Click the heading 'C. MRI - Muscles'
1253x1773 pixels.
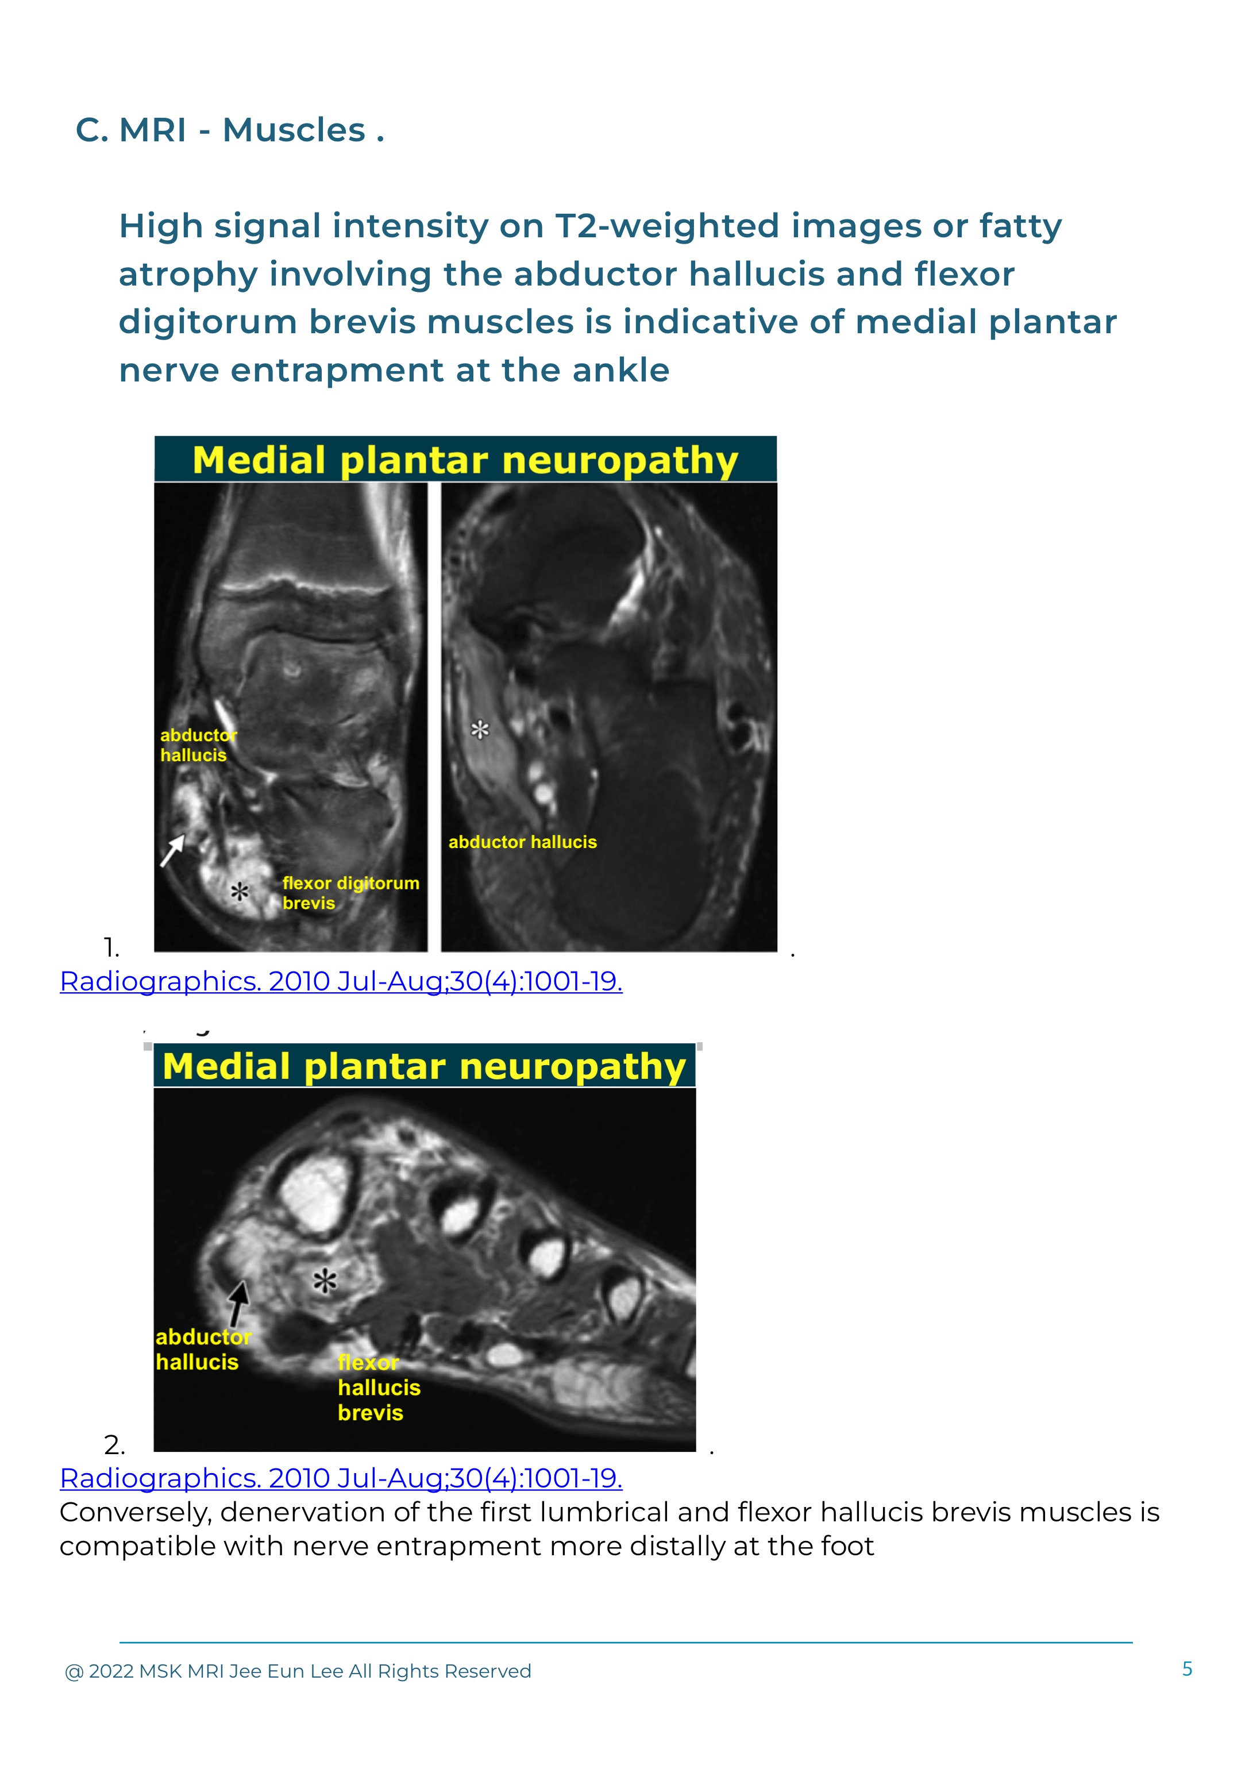point(229,130)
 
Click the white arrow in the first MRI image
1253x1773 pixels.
point(173,849)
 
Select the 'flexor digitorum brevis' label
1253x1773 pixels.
point(350,893)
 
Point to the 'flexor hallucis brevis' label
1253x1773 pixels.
point(378,1387)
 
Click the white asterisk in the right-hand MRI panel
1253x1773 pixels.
point(480,729)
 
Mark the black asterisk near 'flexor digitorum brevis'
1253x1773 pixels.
point(240,892)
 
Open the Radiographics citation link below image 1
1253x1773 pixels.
point(341,981)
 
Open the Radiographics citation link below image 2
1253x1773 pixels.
point(341,1478)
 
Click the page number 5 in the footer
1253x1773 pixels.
point(1186,1669)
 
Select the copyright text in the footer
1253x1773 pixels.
point(298,1671)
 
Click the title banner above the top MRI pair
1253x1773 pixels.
point(465,460)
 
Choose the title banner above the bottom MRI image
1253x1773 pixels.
point(424,1066)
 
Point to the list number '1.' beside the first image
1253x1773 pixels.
point(111,947)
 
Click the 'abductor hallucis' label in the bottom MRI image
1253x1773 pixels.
point(202,1349)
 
